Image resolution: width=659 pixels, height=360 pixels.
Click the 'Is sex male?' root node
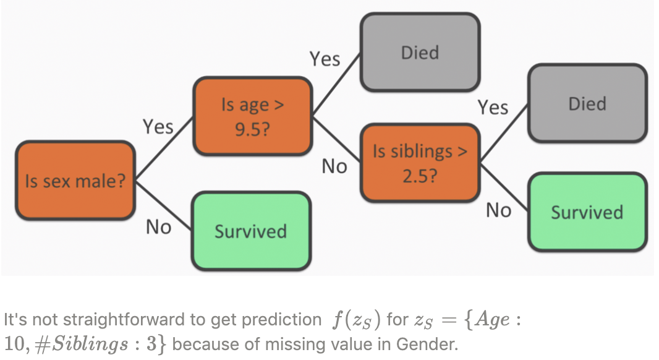point(75,181)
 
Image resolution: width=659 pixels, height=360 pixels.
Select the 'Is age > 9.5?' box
point(252,116)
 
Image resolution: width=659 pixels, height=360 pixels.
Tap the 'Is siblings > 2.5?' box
point(420,163)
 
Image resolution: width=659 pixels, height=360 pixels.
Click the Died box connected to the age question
point(420,53)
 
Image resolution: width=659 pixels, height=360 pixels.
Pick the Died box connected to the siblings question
point(587,103)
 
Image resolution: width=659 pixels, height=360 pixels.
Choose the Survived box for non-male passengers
point(250,231)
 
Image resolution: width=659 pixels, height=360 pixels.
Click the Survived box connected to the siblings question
point(587,212)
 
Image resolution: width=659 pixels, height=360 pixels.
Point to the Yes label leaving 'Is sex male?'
point(158,127)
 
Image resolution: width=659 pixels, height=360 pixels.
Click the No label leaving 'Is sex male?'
point(158,228)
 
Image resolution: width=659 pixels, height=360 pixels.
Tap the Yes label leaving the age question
point(325,59)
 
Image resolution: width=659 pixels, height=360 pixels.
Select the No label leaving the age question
point(334,166)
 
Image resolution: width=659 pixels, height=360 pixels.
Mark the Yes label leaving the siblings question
point(492,108)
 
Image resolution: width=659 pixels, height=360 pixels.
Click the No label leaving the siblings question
point(498,211)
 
